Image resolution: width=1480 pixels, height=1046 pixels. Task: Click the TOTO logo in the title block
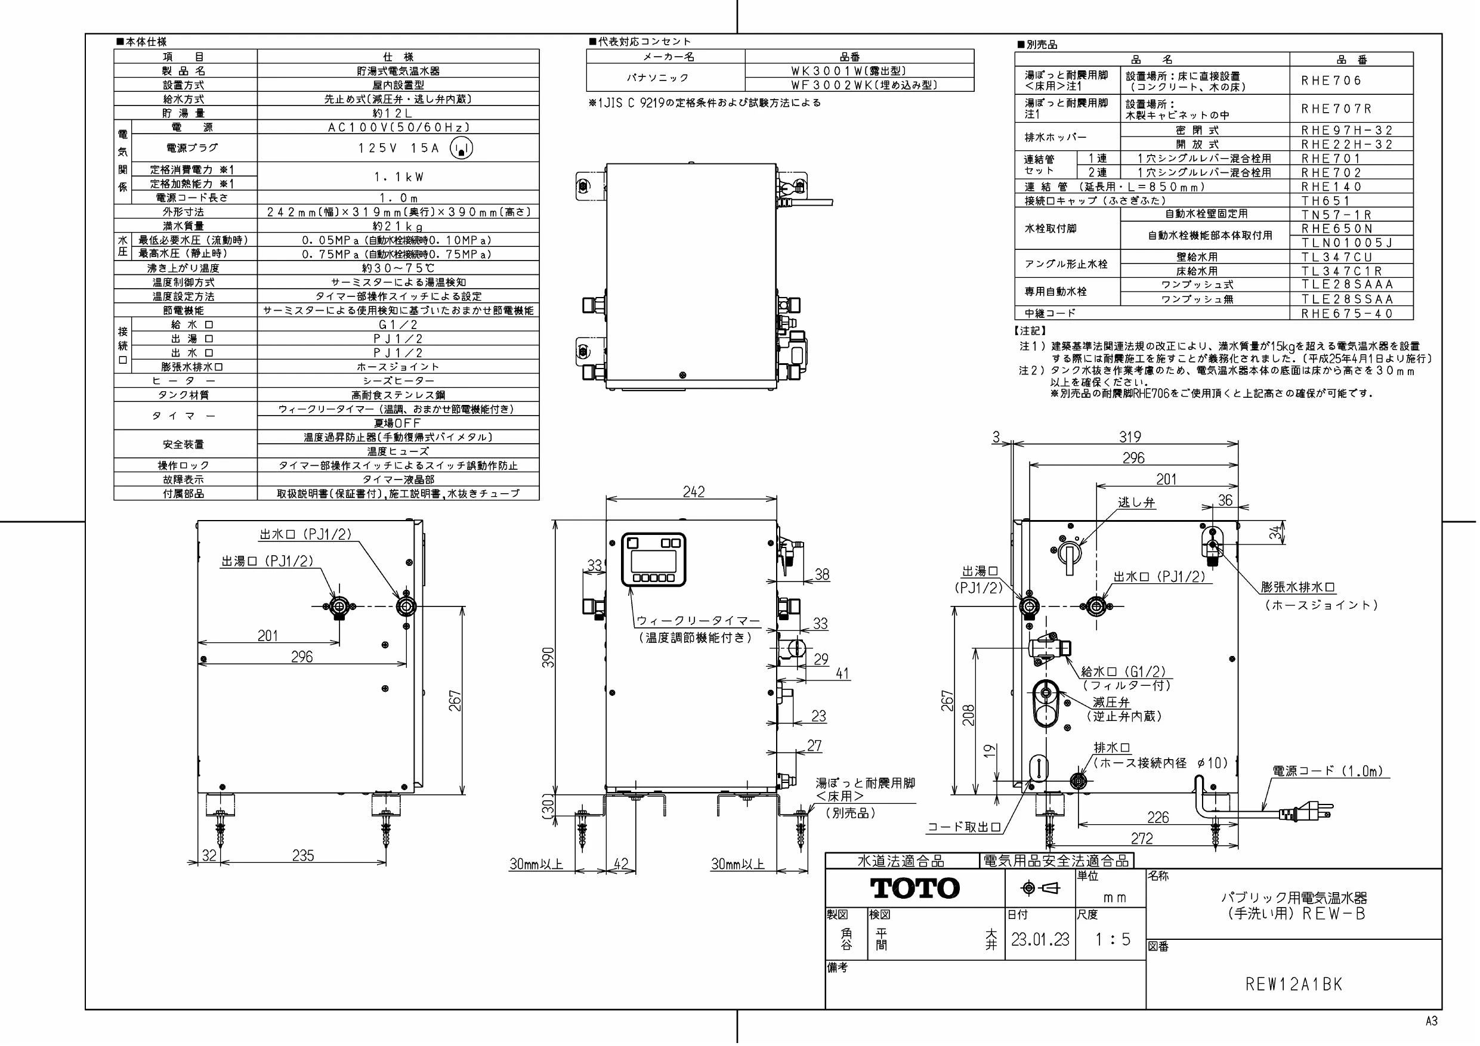[x=914, y=888]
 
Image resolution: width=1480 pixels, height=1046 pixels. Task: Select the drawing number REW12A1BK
[x=1294, y=985]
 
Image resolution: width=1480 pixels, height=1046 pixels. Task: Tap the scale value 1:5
[x=1113, y=939]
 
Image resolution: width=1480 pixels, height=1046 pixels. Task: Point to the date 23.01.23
[x=1040, y=939]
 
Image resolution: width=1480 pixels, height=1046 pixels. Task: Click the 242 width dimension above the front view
[x=694, y=492]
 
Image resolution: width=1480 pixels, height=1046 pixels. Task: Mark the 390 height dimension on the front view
[x=548, y=657]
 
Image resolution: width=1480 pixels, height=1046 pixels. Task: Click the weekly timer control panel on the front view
[x=653, y=559]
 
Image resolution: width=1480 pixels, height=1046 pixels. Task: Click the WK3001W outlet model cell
[x=849, y=71]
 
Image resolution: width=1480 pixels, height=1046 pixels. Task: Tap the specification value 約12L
[x=397, y=113]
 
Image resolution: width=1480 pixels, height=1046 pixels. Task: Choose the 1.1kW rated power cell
[x=398, y=177]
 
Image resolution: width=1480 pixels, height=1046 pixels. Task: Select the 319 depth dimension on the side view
[x=1129, y=437]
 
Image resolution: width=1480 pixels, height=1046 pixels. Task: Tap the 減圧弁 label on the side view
[x=1111, y=702]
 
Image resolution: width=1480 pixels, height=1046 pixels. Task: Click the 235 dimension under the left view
[x=303, y=855]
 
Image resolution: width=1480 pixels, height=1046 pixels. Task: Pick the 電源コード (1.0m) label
[x=1328, y=771]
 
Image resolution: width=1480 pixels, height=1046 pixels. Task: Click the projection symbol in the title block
[x=1040, y=889]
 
